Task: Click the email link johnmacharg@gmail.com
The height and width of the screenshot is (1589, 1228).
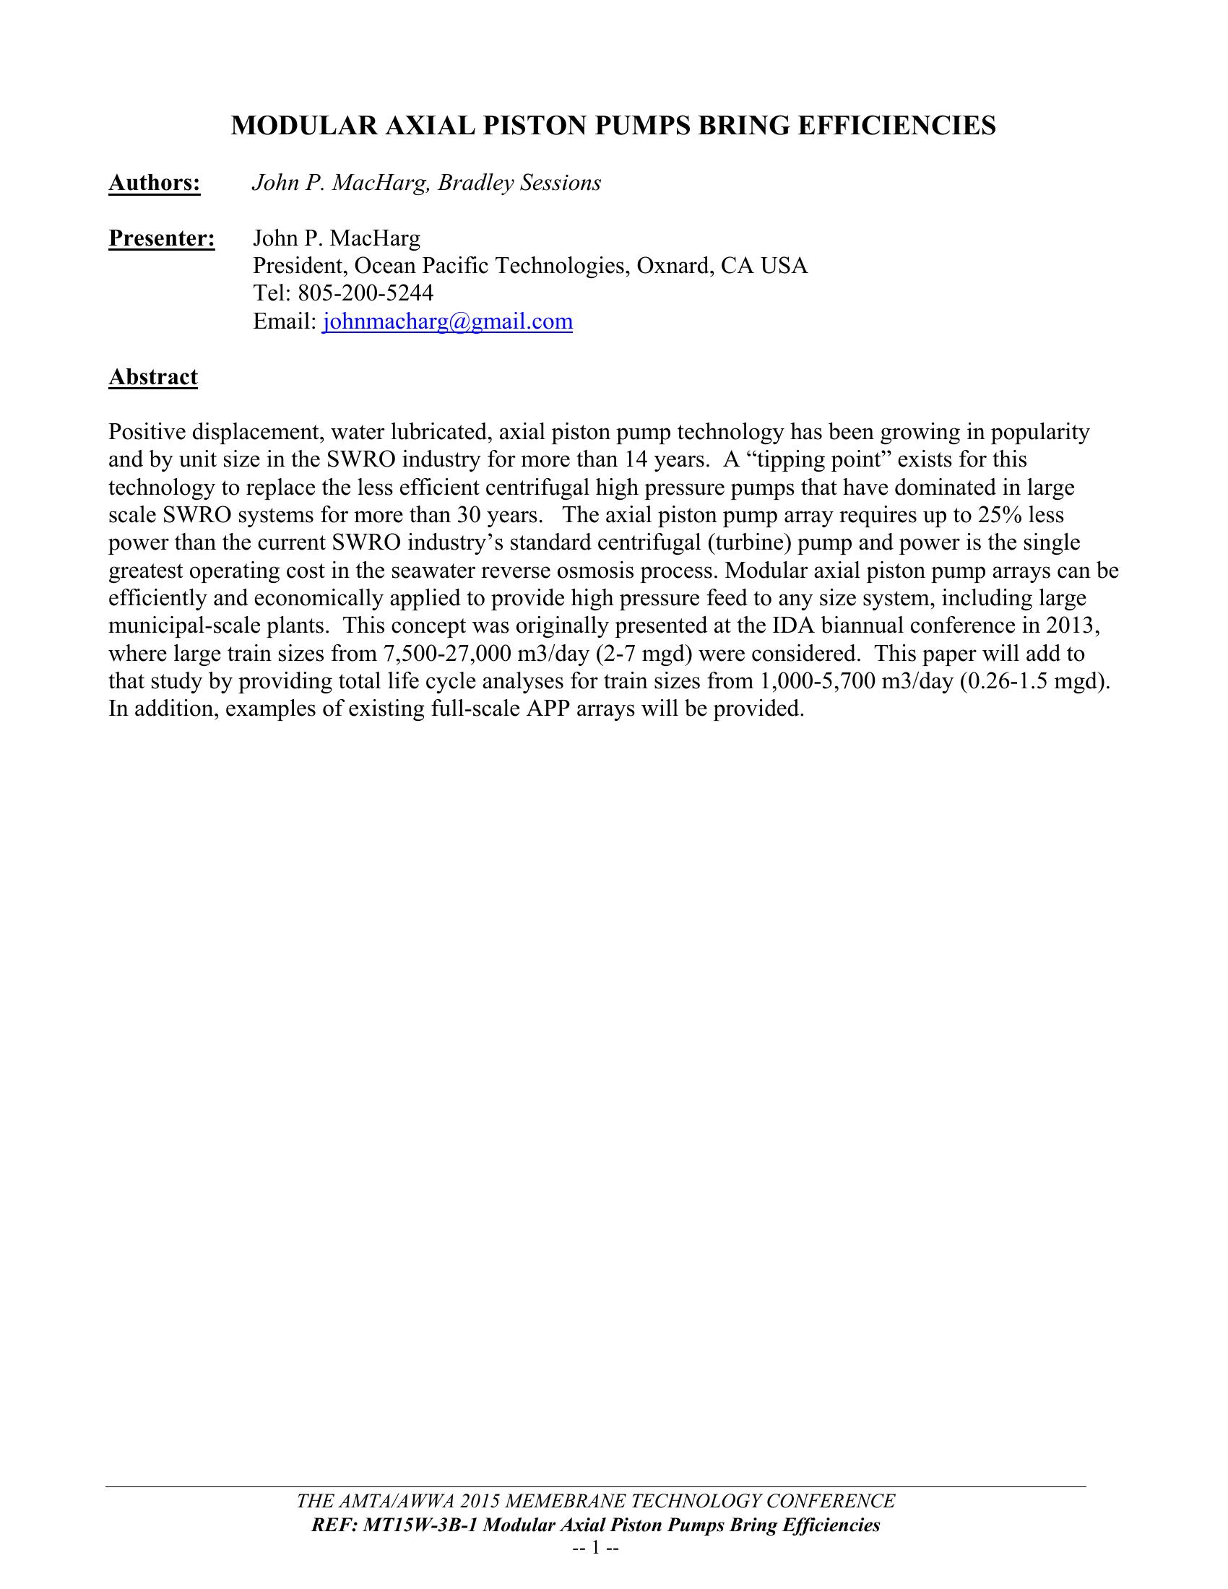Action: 447,321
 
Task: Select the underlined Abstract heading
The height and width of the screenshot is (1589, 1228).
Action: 152,377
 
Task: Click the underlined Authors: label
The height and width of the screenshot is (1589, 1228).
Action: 155,183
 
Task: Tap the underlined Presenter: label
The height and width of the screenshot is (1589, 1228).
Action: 162,238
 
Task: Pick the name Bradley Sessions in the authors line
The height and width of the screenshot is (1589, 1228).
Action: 519,183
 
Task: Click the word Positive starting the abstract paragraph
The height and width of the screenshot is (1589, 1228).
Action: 147,432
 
